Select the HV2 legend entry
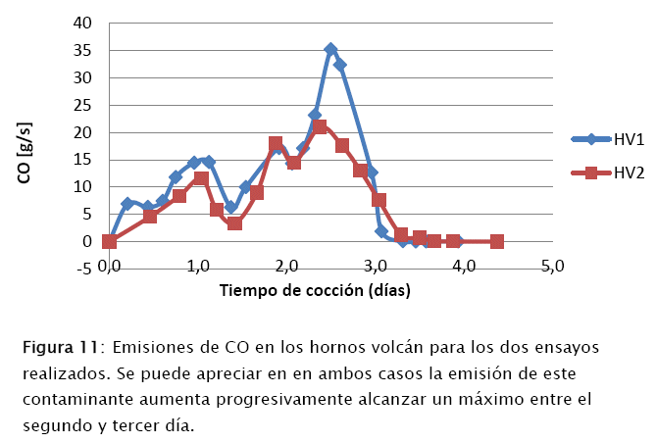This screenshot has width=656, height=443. click(x=629, y=172)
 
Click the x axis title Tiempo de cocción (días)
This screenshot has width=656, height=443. click(x=314, y=290)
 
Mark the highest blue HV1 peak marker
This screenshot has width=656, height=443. click(x=330, y=49)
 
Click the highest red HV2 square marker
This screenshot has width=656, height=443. click(x=321, y=127)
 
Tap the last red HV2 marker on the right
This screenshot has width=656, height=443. click(x=497, y=241)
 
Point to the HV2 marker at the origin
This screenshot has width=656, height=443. click(x=109, y=241)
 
